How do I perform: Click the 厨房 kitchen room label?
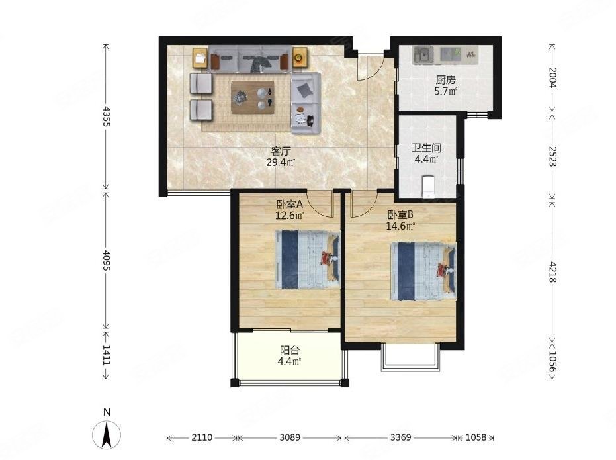tap(445, 81)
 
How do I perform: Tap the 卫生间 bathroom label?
tap(426, 148)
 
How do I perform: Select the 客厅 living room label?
tap(281, 151)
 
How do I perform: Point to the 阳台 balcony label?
tap(290, 350)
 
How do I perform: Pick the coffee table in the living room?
tap(253, 97)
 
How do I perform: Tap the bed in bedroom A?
tap(307, 259)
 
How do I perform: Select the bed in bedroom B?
tap(423, 271)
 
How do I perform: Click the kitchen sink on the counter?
tap(423, 54)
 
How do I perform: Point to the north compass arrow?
tap(106, 434)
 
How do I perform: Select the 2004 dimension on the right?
tap(552, 78)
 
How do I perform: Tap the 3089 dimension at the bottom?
tap(290, 437)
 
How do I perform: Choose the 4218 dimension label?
tap(552, 271)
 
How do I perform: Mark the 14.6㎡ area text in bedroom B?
tap(401, 226)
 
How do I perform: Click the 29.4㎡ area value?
tap(281, 162)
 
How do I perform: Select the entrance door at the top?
tap(371, 67)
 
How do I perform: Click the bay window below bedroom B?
tap(410, 357)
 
